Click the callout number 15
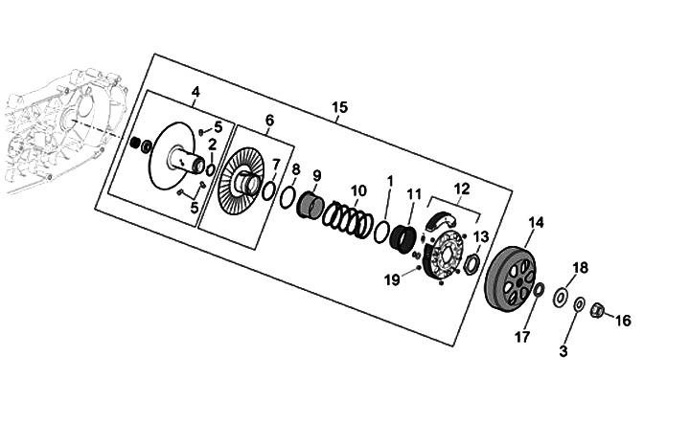(x=339, y=106)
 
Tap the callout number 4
(x=195, y=92)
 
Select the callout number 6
(x=269, y=121)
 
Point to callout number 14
(x=536, y=223)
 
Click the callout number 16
(x=623, y=321)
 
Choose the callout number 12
(x=462, y=189)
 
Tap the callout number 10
(x=358, y=190)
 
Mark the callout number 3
(x=563, y=351)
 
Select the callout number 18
(x=581, y=267)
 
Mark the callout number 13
(x=481, y=236)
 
